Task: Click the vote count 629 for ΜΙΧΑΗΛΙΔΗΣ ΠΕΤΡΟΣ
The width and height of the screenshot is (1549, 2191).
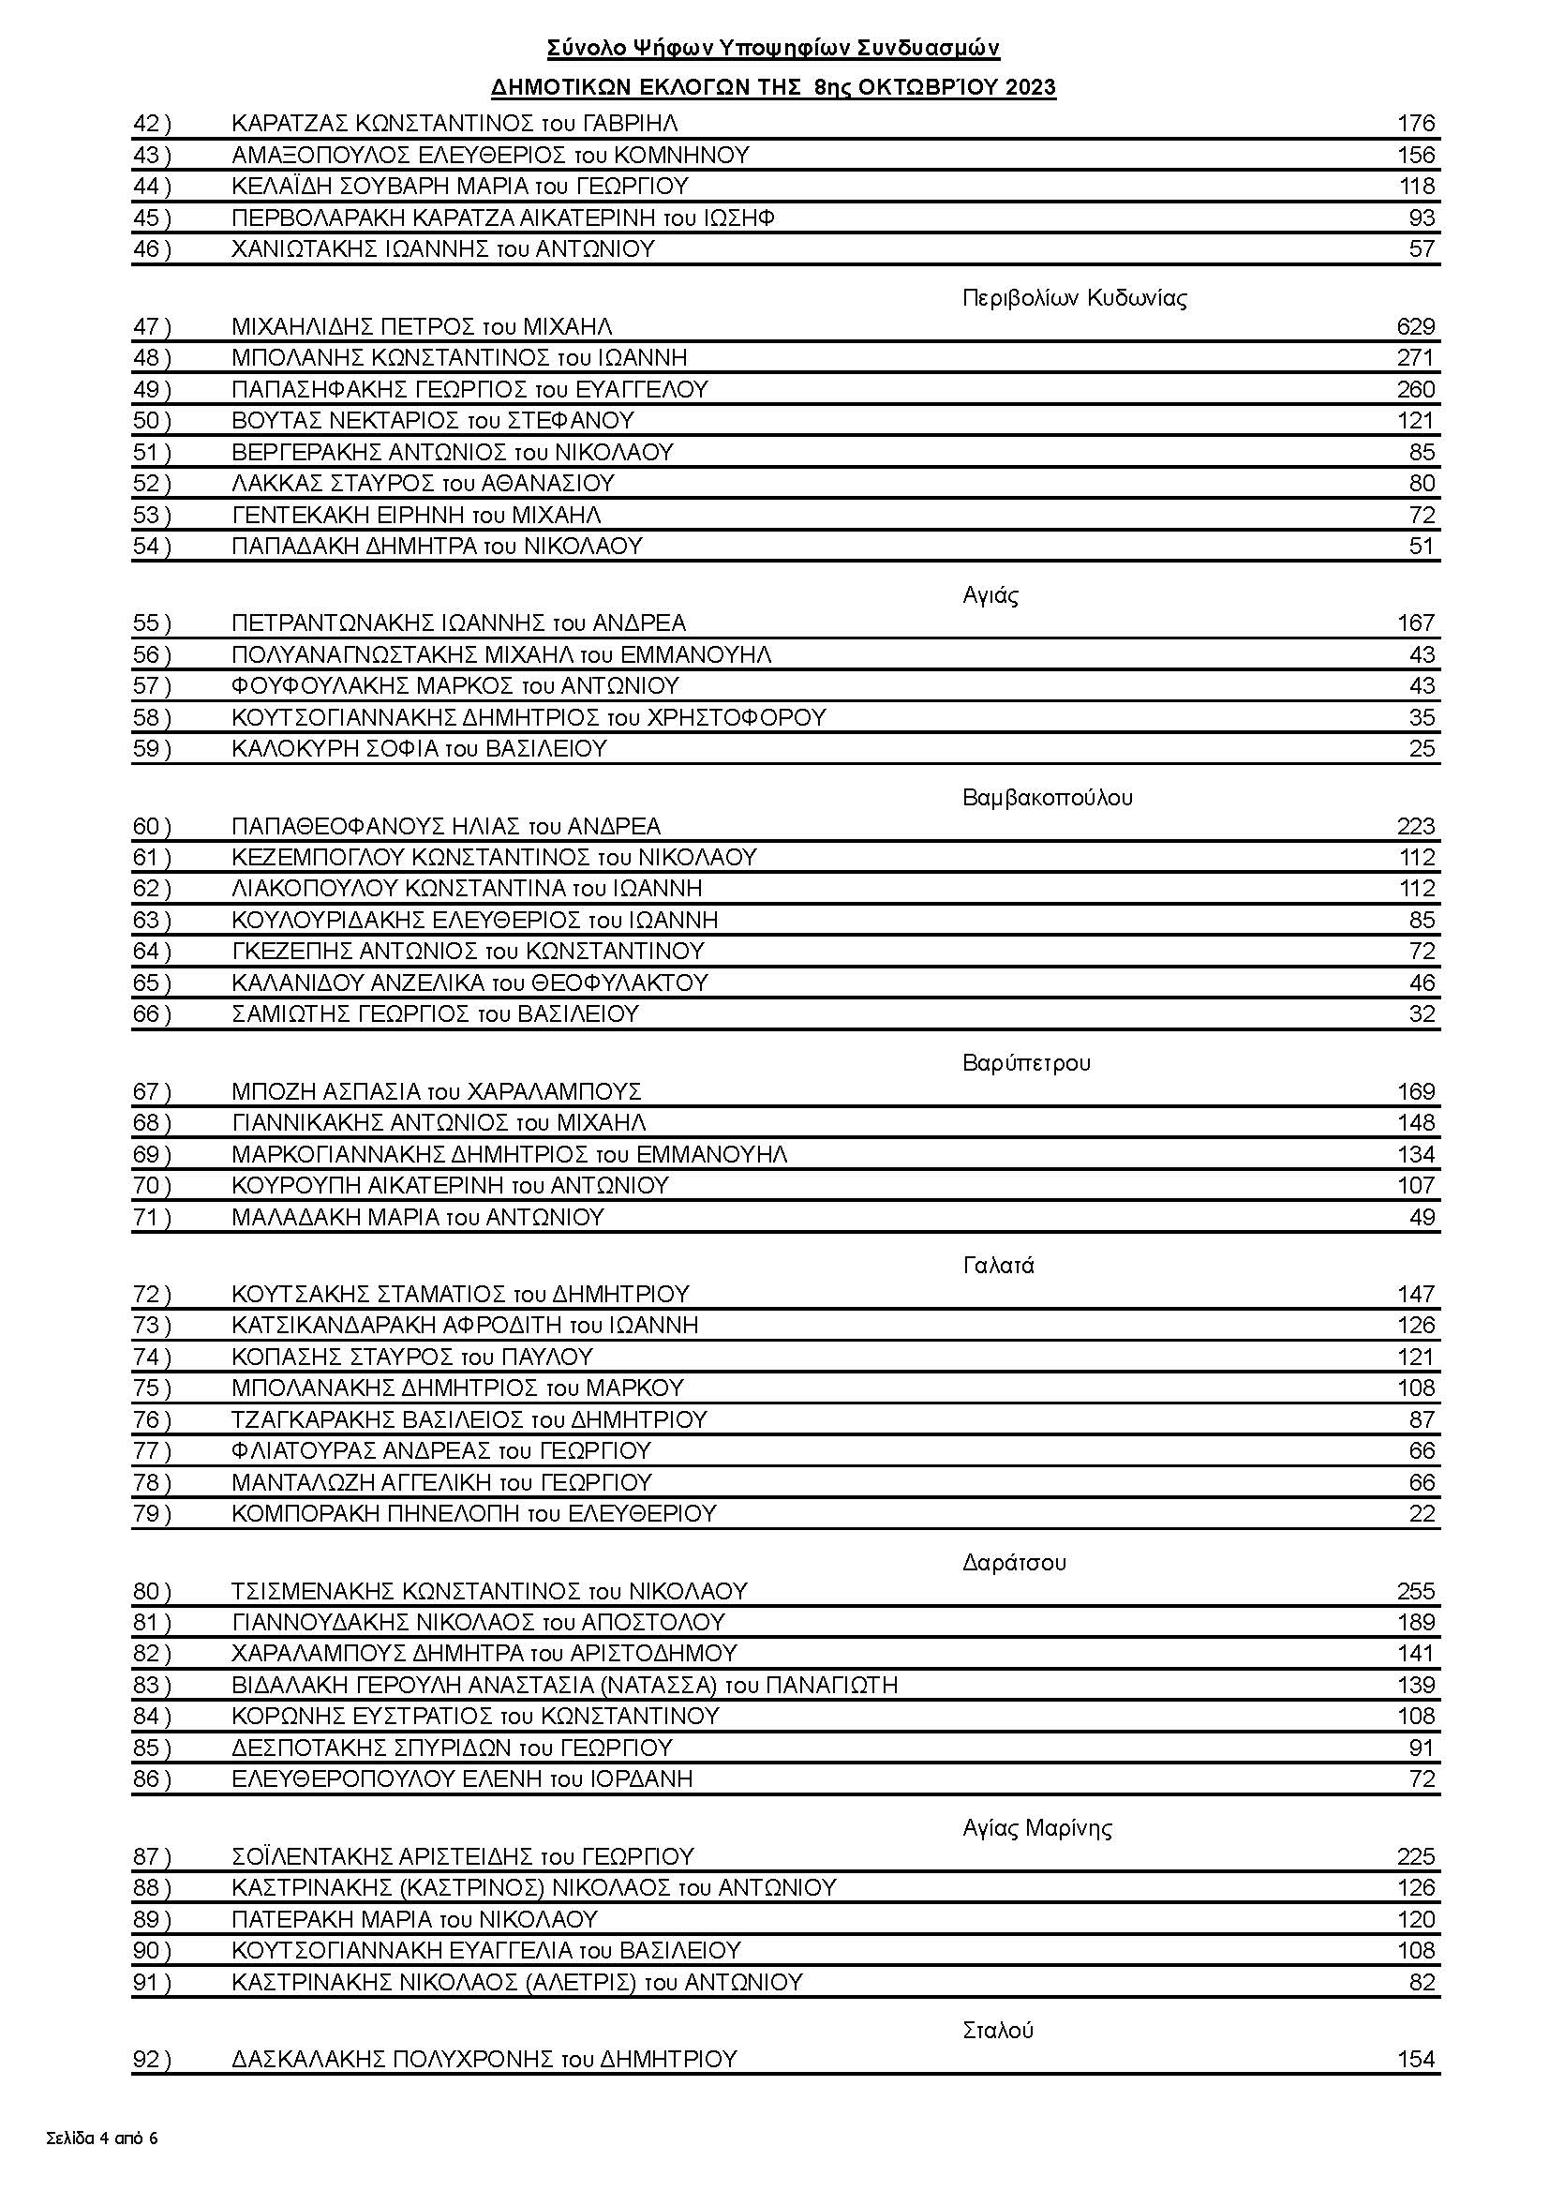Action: (1414, 327)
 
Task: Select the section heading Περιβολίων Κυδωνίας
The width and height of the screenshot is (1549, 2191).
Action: (1074, 299)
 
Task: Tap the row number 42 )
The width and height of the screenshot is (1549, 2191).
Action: (153, 124)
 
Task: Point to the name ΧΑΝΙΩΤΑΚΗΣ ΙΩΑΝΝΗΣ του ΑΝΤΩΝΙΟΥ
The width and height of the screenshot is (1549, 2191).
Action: (442, 249)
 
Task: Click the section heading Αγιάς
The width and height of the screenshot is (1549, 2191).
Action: (990, 595)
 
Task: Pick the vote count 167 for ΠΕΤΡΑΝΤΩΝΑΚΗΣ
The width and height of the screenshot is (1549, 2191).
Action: (1415, 623)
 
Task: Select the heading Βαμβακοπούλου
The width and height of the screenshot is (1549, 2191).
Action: (1048, 798)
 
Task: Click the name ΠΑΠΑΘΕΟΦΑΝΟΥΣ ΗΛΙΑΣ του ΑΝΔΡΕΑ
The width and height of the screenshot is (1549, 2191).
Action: (445, 826)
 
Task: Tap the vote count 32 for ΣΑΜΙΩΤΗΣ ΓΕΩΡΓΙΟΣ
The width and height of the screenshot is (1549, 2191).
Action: (1422, 1014)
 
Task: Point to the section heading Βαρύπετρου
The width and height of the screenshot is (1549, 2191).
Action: (1026, 1063)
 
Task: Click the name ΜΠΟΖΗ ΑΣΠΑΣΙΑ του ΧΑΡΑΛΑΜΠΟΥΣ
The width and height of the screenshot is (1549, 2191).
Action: (436, 1091)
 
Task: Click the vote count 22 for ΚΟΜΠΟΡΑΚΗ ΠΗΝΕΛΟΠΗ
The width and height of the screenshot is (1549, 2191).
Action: (1422, 1513)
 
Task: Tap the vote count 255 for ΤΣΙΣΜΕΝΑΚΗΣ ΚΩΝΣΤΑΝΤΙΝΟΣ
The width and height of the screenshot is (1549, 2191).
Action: (1415, 1592)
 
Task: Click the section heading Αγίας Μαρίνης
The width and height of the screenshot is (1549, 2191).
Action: (1036, 1828)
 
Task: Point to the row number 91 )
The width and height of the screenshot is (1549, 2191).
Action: (153, 1983)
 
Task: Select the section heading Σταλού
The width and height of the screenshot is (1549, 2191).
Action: (998, 2030)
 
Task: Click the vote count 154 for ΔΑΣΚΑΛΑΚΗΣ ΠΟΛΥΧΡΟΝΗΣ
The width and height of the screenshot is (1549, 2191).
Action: (1415, 2060)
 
